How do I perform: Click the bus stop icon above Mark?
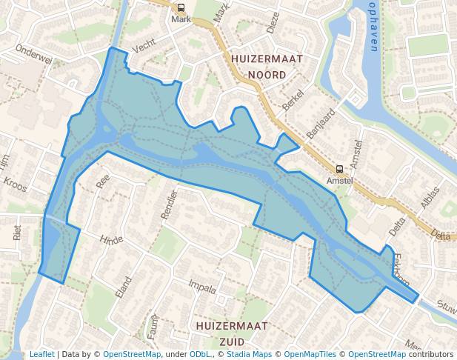[181, 7]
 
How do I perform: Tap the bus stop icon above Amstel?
[339, 168]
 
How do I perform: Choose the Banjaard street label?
[321, 124]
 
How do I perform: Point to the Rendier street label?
[170, 204]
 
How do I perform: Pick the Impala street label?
[202, 286]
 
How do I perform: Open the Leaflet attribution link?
[41, 354]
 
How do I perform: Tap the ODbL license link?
[199, 354]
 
